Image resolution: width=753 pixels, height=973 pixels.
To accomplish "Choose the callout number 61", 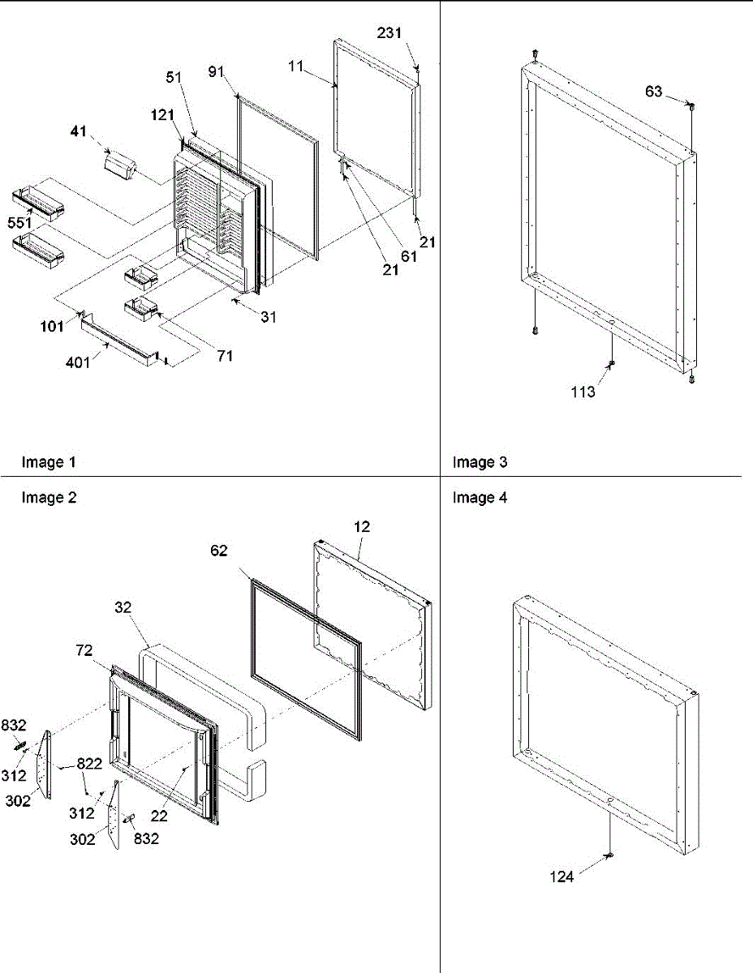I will pos(407,256).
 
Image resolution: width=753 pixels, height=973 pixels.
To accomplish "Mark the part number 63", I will pos(654,92).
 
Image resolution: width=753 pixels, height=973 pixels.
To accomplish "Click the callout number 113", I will pos(583,392).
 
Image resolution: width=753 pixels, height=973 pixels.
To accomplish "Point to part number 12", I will pos(362,527).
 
